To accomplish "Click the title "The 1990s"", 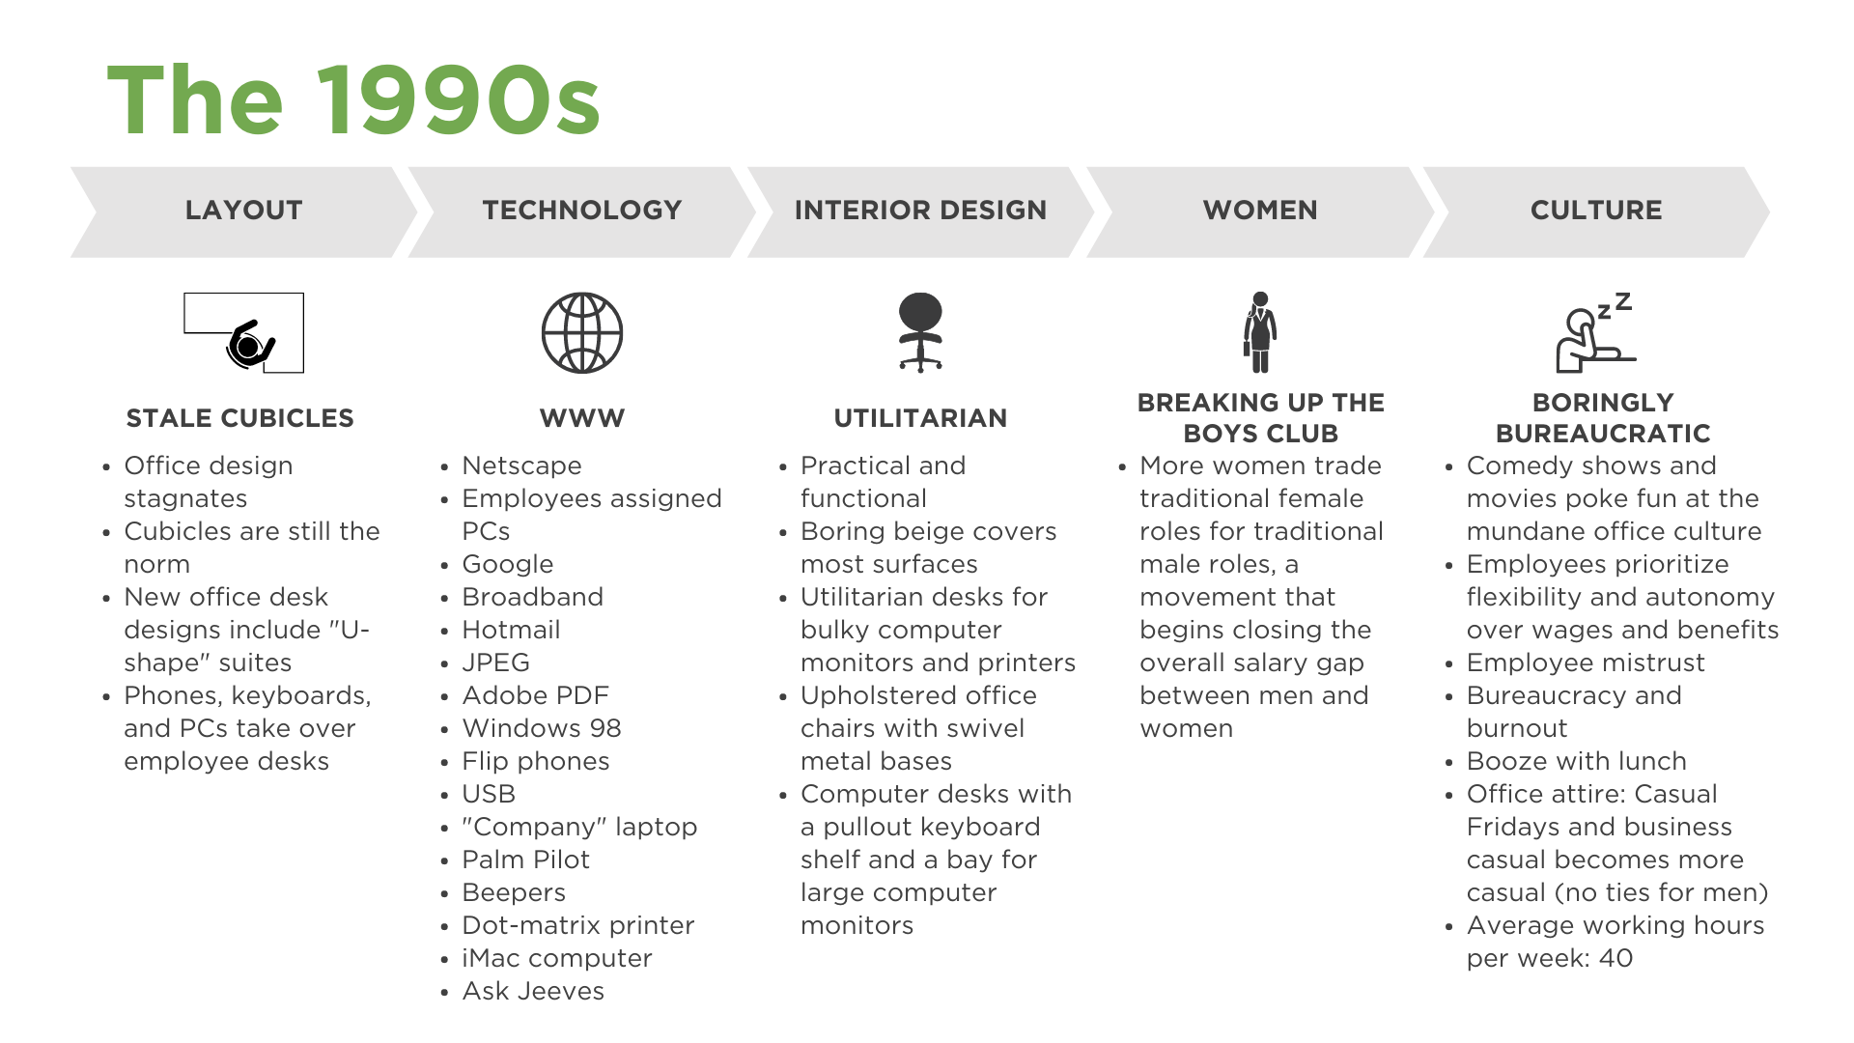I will coord(353,99).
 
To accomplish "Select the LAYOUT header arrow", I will coord(243,211).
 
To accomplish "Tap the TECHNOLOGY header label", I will coord(582,211).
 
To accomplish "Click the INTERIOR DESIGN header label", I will coord(920,211).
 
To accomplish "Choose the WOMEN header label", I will coord(1260,211).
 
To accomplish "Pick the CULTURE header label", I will coord(1596,211).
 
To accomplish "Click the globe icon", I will coord(582,333).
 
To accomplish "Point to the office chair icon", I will coord(920,332).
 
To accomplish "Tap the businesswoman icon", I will coord(1260,332).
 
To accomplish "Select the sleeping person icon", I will coord(1595,333).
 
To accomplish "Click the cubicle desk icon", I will coord(244,333).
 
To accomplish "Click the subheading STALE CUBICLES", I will coord(240,418).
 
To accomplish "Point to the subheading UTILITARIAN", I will coord(920,418).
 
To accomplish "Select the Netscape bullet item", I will coord(521,465).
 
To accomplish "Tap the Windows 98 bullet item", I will coord(542,728).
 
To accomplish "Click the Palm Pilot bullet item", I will coord(525,860).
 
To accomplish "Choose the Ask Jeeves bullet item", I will coord(533,991).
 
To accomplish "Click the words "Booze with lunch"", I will coord(1576,761).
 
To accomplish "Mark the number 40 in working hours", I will coord(1615,958).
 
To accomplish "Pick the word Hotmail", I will coord(511,630).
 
